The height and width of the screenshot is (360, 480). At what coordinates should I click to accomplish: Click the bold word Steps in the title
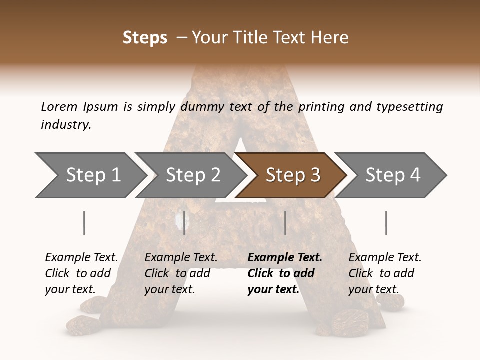coord(145,38)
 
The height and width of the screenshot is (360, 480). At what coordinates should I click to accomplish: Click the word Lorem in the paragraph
coord(59,106)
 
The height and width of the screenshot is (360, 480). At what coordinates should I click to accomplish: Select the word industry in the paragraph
coord(66,125)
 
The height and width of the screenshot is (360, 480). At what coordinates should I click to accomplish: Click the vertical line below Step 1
coord(84,223)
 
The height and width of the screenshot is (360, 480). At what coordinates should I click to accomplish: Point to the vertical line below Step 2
coord(184,223)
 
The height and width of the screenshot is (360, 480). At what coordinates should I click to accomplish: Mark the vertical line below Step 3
coord(285,223)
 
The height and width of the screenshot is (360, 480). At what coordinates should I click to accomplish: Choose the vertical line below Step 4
coord(386,223)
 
